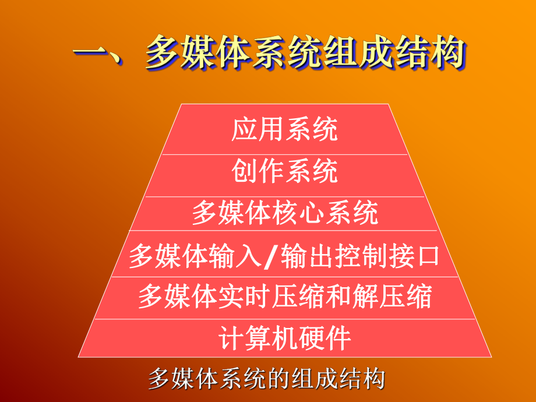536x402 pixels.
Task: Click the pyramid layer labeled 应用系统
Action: tap(284, 129)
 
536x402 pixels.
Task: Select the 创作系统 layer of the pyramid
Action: tap(284, 172)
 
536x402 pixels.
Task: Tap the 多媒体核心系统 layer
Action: tap(284, 214)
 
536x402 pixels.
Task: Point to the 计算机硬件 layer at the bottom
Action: tap(284, 338)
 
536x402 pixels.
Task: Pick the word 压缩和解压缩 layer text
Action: tap(359, 297)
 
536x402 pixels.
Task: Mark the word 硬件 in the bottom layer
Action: tap(330, 338)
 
